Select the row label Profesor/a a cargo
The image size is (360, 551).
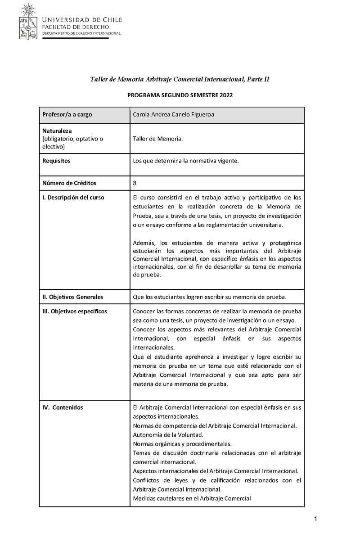tap(67, 115)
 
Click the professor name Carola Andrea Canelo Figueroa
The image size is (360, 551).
tap(174, 115)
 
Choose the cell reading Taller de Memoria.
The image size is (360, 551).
tap(158, 139)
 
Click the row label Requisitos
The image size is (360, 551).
tap(56, 161)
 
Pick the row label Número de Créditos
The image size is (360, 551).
tap(69, 183)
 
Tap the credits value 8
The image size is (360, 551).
tap(135, 183)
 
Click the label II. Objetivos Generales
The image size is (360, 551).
tap(72, 297)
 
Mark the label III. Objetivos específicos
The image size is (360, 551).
tap(75, 312)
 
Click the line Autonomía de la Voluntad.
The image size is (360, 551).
tap(168, 435)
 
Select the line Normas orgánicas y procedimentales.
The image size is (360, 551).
tap(182, 444)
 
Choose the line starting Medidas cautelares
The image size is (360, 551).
tap(192, 498)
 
